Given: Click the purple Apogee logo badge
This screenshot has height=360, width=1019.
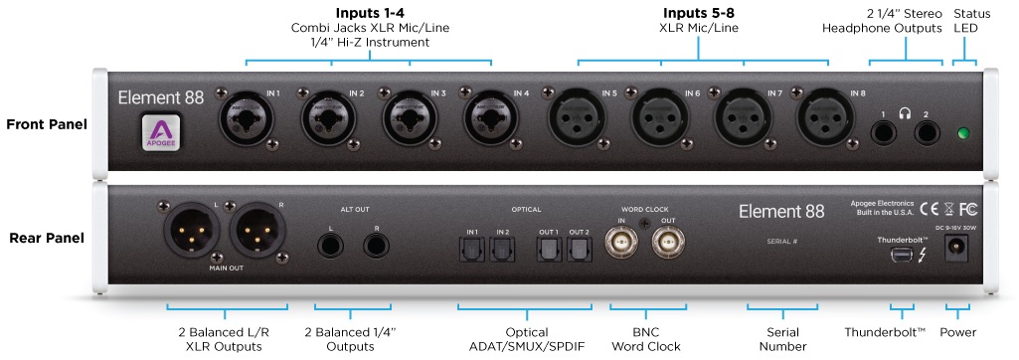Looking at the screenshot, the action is click(x=160, y=132).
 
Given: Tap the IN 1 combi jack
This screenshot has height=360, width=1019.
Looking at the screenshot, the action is click(x=247, y=117).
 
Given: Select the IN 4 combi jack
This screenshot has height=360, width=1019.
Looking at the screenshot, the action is click(x=491, y=117).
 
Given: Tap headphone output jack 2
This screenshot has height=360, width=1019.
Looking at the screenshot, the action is click(x=927, y=134).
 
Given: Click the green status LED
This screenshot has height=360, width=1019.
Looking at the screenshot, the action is click(x=963, y=134).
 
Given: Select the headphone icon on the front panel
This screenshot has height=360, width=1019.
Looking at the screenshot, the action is click(x=904, y=113).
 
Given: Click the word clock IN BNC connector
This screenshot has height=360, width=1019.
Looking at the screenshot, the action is click(x=621, y=245).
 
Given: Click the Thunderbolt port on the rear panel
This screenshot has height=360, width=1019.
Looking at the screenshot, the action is click(x=902, y=255).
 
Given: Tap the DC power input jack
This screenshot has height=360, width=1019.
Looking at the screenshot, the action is click(x=956, y=249).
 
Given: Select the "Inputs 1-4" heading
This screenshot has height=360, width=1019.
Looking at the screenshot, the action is click(x=369, y=13).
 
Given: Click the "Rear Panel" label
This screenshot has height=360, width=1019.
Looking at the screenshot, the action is click(x=47, y=238).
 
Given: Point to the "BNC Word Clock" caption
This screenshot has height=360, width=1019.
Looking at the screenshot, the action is click(x=646, y=339).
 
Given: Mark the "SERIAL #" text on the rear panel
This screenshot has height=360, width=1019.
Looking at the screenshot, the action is click(x=781, y=241).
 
